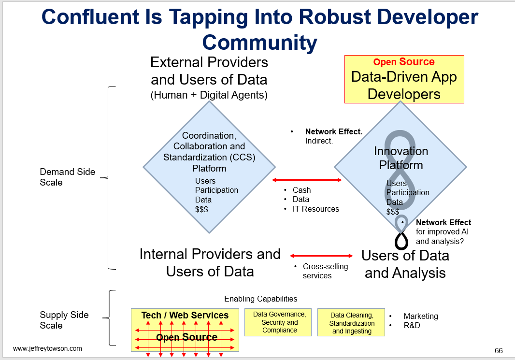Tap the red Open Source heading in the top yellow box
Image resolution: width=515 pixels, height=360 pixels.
[404, 62]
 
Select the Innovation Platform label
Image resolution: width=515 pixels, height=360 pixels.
[401, 158]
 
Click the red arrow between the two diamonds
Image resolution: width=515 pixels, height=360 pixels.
[307, 180]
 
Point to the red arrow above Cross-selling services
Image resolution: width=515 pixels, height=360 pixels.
[321, 256]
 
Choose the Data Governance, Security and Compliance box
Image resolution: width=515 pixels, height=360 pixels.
[278, 322]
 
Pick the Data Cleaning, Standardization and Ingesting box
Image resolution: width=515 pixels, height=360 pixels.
[351, 323]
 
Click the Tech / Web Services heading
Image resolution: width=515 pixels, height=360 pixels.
[185, 315]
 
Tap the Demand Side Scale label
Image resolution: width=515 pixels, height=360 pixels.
[67, 177]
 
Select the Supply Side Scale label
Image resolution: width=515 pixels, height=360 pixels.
[64, 320]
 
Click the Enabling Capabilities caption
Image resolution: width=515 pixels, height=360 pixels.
[261, 299]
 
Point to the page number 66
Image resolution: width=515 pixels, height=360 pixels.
[499, 351]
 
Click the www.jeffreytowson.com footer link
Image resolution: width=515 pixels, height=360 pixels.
[48, 348]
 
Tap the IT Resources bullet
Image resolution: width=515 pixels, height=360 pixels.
[315, 209]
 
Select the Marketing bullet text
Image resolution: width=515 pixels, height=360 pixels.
[421, 316]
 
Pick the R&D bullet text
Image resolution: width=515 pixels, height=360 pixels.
[412, 325]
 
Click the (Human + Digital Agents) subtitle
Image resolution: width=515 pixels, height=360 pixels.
[209, 95]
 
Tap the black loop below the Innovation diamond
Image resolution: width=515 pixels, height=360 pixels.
[401, 241]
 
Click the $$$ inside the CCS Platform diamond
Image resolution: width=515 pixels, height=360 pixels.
[201, 209]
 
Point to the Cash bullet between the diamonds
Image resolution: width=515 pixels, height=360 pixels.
[301, 190]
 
